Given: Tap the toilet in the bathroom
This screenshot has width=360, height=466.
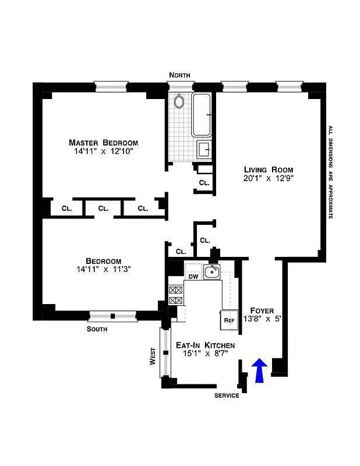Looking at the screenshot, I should pyautogui.click(x=180, y=102).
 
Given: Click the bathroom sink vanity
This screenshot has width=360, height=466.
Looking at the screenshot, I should pyautogui.click(x=204, y=150).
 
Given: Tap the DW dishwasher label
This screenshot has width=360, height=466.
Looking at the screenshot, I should pyautogui.click(x=193, y=277).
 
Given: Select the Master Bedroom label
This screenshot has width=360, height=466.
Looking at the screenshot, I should pyautogui.click(x=103, y=143).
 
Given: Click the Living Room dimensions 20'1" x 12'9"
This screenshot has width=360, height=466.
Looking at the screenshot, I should pyautogui.click(x=269, y=179).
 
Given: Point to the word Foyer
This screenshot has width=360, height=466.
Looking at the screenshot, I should pyautogui.click(x=262, y=310).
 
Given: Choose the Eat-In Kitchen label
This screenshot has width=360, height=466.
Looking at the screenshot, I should pyautogui.click(x=206, y=345).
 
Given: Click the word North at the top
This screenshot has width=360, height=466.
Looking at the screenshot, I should pyautogui.click(x=179, y=75).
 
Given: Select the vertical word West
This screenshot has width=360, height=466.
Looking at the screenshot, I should pyautogui.click(x=153, y=356).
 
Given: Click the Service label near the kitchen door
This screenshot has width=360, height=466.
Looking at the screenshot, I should pyautogui.click(x=227, y=396).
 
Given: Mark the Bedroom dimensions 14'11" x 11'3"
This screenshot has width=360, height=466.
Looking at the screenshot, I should pyautogui.click(x=103, y=270).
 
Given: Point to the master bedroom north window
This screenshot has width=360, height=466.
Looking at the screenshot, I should pyautogui.click(x=111, y=87).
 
